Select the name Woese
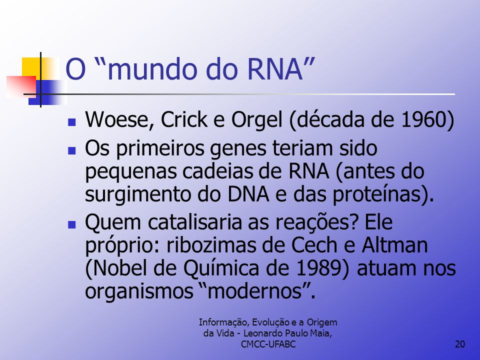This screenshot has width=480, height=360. pyautogui.click(x=119, y=119)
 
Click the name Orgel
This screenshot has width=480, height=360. pyautogui.click(x=256, y=120)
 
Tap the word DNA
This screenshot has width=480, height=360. pyautogui.click(x=248, y=194)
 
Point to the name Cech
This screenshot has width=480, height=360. pyautogui.click(x=317, y=245)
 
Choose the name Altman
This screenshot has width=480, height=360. pyautogui.click(x=394, y=245)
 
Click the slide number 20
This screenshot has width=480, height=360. pyautogui.click(x=460, y=344)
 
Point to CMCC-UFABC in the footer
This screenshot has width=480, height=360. pyautogui.click(x=268, y=344)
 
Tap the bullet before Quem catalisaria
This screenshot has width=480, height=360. pyautogui.click(x=72, y=225)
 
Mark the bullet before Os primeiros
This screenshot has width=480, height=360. pyautogui.click(x=72, y=150)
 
